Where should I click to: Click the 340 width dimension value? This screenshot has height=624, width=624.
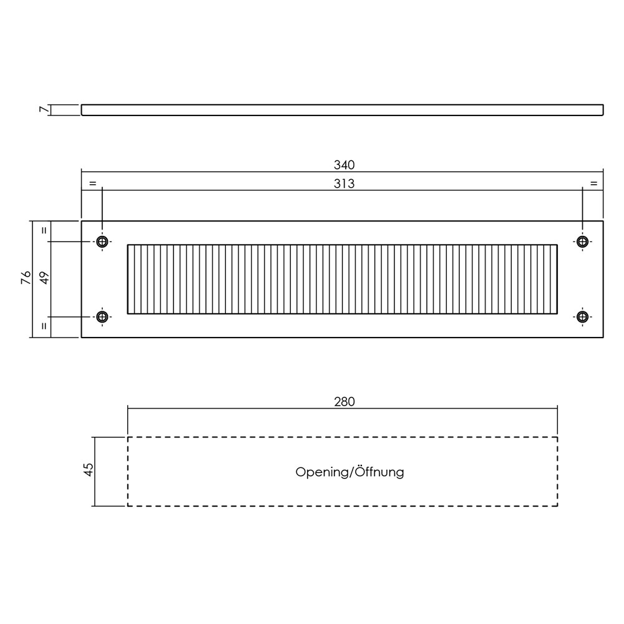point(344,165)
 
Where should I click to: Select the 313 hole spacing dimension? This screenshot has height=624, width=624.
point(344,184)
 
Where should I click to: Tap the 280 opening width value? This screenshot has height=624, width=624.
point(344,402)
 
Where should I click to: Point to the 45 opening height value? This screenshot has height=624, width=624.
point(89,469)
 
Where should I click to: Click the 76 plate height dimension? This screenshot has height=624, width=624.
point(26,278)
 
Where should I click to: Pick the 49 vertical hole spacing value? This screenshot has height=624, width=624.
point(44,278)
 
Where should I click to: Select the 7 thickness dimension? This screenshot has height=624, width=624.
point(44,109)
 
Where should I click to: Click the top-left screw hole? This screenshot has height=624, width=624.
point(102,241)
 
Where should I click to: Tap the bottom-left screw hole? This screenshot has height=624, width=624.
point(102,317)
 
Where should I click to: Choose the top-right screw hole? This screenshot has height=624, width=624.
point(583,241)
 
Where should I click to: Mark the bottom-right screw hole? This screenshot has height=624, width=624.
point(583,317)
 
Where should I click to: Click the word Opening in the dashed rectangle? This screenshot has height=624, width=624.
point(323,472)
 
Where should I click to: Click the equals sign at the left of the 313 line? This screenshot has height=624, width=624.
point(93,183)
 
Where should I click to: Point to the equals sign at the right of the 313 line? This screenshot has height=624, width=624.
point(594,183)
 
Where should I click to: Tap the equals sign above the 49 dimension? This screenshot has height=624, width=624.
point(44,230)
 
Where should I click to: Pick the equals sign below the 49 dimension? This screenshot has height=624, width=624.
point(44,326)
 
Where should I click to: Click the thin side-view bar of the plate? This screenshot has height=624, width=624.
point(342,110)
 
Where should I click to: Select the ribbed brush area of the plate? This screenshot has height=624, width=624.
point(342,280)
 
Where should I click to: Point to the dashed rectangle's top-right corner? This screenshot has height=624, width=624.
point(557,437)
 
